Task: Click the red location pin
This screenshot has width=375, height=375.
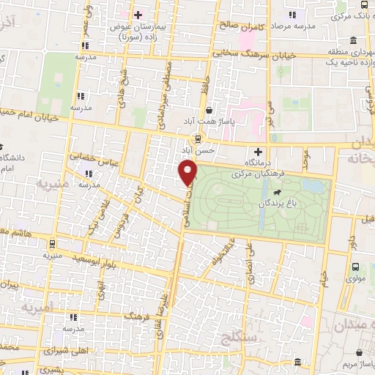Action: pos(189,172)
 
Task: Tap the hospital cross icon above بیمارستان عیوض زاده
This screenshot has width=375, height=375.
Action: pos(137,14)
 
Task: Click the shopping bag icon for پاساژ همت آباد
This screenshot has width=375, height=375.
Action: pos(209,108)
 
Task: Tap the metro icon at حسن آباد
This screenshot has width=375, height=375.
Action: pos(198,138)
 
